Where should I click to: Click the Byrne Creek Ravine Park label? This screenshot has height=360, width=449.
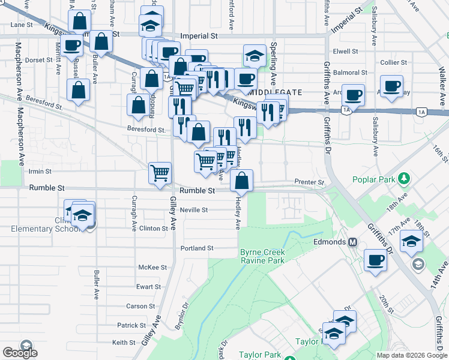coord(262,256)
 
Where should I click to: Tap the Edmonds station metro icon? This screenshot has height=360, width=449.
coord(353,242)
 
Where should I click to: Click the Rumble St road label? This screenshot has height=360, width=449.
coord(197,190)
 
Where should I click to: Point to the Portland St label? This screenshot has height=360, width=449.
coord(197,248)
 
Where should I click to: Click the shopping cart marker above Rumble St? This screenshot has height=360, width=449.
coord(160,173)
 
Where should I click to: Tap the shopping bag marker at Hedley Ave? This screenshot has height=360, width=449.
coord(241,179)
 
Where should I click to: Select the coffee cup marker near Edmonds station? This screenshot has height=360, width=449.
coord(376,260)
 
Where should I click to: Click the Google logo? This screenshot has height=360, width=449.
coord(20,353)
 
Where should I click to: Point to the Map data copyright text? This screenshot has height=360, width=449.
coord(411,355)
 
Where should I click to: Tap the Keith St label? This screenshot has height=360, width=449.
coord(124,343)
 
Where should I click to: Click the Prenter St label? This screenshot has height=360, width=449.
coord(309,182)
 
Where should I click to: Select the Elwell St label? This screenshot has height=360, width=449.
coord(345,52)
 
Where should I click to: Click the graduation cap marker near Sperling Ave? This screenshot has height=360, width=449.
coord(255,55)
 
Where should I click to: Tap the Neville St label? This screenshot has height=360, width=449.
coord(193,210)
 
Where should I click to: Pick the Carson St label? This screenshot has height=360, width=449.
coord(140,306)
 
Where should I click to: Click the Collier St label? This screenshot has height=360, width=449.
coord(394,62)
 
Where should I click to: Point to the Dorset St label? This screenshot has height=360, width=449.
coord(40,60)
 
